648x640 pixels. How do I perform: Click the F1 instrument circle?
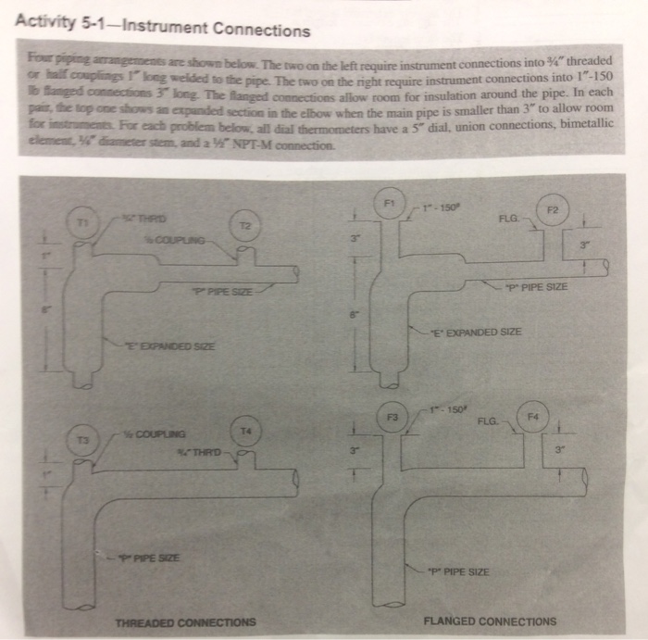[x=390, y=201]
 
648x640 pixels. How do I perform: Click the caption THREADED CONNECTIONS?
[x=184, y=621]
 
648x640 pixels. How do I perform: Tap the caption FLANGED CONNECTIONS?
[x=489, y=621]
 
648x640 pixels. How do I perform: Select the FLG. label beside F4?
[x=492, y=421]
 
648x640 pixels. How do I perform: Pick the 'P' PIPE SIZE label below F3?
[x=461, y=571]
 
